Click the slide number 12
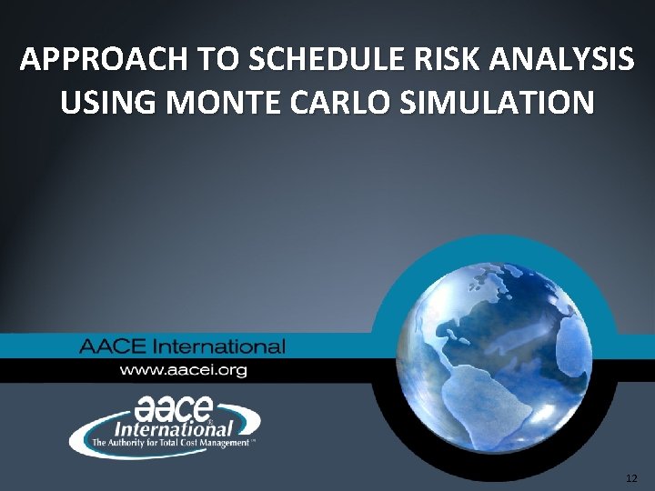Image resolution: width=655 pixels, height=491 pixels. coord(632,477)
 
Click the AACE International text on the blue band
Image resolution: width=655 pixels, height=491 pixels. coord(182,346)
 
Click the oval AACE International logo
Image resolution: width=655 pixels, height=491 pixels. coord(165,425)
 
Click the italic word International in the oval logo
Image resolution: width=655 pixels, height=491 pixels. coord(173,426)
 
